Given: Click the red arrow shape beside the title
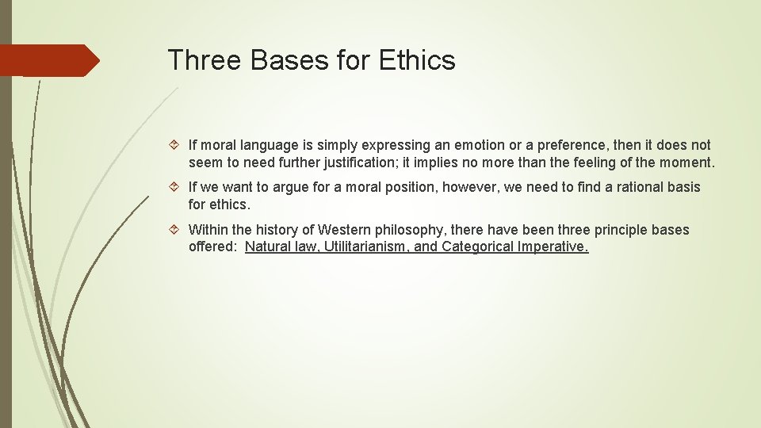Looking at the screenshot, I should pyautogui.click(x=49, y=60).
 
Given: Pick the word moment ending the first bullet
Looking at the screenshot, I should pyautogui.click(x=686, y=162).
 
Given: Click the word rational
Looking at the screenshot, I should pyautogui.click(x=627, y=187).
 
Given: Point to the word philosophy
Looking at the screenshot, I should pyautogui.click(x=411, y=230).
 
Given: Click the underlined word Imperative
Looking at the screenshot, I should pyautogui.click(x=553, y=246).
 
